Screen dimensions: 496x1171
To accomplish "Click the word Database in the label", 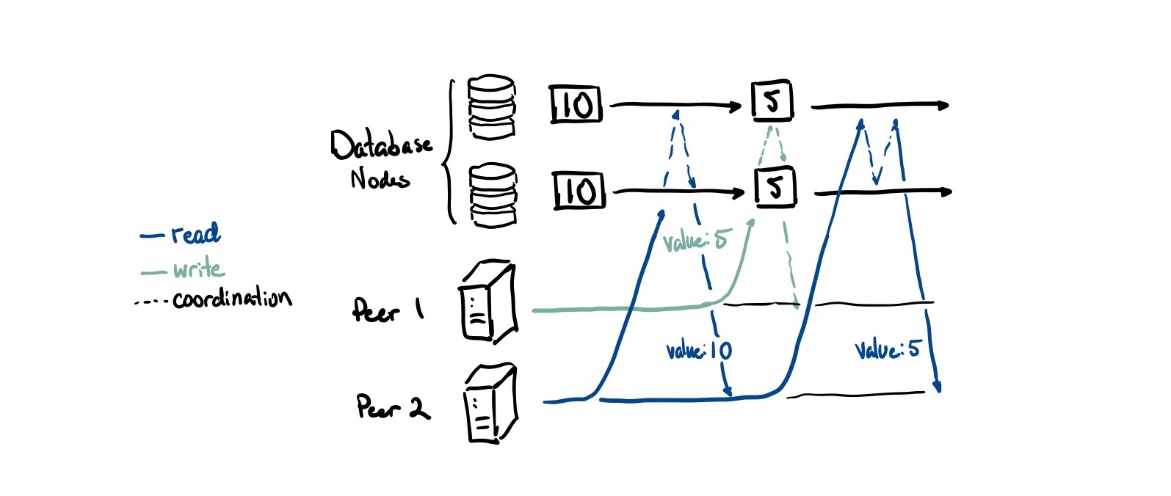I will (x=381, y=145).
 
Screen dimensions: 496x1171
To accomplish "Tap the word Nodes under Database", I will (x=380, y=179).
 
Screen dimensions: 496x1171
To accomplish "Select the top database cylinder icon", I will (x=492, y=107).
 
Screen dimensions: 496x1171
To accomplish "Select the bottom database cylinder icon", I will (x=493, y=195).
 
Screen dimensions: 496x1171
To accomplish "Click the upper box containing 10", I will (x=576, y=105).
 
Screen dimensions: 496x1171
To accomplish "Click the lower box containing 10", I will (x=579, y=192).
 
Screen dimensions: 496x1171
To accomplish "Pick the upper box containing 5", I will (x=772, y=102).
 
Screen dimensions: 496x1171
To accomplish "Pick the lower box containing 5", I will (x=775, y=188).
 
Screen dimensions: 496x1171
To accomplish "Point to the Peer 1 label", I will (x=388, y=310).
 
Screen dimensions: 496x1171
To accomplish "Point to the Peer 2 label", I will (x=393, y=406).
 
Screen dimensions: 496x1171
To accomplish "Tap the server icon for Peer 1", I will (x=488, y=302).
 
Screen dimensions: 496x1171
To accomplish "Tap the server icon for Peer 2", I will (x=490, y=404).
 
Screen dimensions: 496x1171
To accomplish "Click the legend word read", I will (x=195, y=234).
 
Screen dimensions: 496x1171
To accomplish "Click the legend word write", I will (x=199, y=269).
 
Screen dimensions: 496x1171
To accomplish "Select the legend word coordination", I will (x=232, y=298).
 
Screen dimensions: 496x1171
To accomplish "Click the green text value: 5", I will (x=695, y=241).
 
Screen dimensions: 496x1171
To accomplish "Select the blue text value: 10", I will (x=699, y=351).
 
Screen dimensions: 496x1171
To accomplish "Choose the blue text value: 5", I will (x=887, y=349).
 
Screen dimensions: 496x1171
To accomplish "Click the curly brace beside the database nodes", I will (x=448, y=151).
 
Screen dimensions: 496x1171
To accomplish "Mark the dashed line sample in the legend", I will (x=152, y=302).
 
